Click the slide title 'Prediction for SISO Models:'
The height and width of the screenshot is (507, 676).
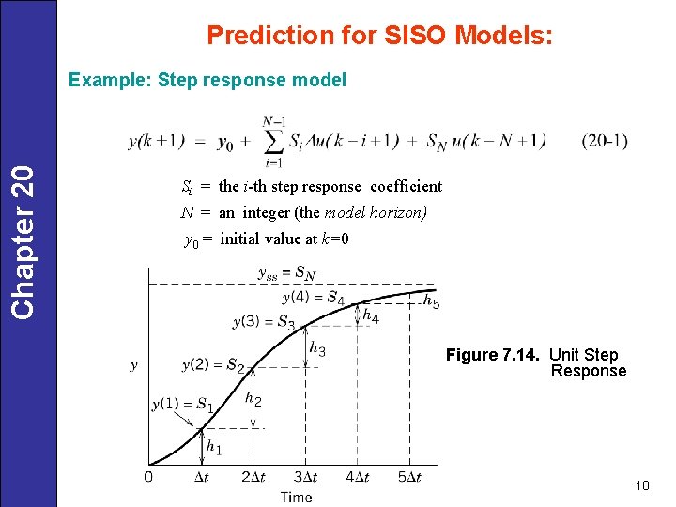click(379, 36)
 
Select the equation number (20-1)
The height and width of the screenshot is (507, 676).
click(605, 141)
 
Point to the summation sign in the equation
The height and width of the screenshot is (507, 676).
click(274, 141)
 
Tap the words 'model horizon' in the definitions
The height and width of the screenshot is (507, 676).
click(380, 212)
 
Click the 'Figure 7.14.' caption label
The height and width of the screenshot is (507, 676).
click(494, 355)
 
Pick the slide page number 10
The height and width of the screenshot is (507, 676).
click(642, 485)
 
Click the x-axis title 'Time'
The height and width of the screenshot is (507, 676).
click(296, 497)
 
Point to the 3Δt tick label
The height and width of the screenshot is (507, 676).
click(304, 478)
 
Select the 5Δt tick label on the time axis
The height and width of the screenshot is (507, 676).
click(408, 478)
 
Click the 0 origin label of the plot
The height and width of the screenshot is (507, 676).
click(148, 477)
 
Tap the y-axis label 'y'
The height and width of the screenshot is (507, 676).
click(134, 364)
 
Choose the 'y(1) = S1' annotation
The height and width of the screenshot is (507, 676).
click(182, 405)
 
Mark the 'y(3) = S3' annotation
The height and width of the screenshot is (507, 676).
click(263, 322)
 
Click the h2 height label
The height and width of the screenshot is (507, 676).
click(253, 399)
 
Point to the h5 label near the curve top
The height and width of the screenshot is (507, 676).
click(431, 301)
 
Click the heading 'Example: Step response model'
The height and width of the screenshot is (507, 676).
click(207, 80)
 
